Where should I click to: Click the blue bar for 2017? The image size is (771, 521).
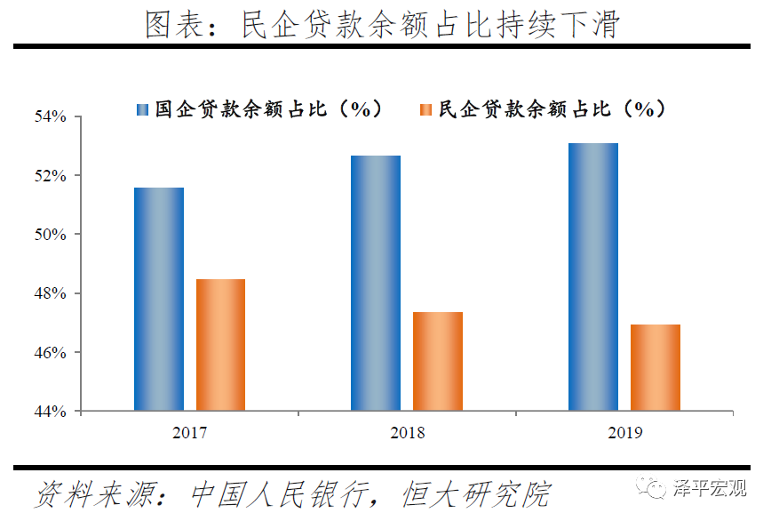[159, 299]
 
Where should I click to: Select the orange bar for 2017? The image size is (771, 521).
[220, 345]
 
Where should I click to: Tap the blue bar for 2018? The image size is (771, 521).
[376, 283]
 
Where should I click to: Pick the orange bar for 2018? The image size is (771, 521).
[438, 361]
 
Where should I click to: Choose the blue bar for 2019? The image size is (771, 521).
[592, 277]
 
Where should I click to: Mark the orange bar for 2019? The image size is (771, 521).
[656, 367]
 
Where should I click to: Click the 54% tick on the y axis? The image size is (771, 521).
[51, 116]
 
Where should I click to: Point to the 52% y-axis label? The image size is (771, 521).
[51, 176]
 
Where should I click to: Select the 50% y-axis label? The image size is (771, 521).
[51, 235]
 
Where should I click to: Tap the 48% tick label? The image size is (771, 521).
[51, 293]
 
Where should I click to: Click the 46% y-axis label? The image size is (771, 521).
[51, 353]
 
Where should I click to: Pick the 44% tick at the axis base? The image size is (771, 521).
[51, 412]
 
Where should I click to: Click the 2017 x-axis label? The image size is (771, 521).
[190, 433]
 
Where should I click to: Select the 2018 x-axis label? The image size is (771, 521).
[407, 433]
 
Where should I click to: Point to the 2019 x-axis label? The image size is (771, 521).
[624, 433]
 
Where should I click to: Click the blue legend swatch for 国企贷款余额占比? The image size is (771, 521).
[141, 109]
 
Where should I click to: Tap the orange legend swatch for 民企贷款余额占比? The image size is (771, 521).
[425, 109]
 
